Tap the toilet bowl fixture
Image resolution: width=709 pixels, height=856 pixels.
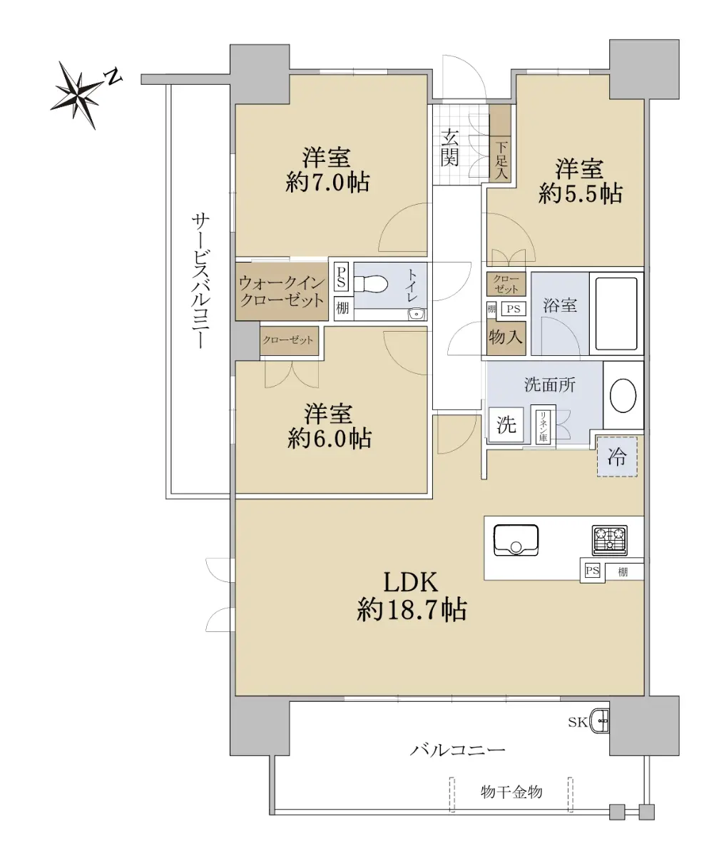(371, 283)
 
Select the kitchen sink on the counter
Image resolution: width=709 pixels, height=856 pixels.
(516, 540)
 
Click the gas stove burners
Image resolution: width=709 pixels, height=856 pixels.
(609, 540)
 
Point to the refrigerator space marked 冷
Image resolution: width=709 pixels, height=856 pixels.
(617, 457)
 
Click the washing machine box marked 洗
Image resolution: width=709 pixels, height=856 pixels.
(506, 424)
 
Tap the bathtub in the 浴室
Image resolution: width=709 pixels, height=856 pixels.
(616, 313)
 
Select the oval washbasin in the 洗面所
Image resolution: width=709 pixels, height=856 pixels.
(623, 396)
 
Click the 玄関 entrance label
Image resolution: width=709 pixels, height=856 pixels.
(449, 147)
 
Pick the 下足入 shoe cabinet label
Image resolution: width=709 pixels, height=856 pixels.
(501, 160)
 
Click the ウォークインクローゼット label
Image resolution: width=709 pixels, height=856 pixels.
(282, 292)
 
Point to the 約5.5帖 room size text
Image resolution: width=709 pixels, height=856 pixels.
(580, 193)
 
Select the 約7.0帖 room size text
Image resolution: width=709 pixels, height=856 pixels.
(327, 182)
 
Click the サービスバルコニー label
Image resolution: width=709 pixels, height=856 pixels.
(200, 281)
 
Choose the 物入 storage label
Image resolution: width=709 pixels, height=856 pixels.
(506, 337)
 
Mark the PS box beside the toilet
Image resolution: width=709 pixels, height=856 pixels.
(341, 277)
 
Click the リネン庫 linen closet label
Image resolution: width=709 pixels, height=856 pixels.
(543, 426)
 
